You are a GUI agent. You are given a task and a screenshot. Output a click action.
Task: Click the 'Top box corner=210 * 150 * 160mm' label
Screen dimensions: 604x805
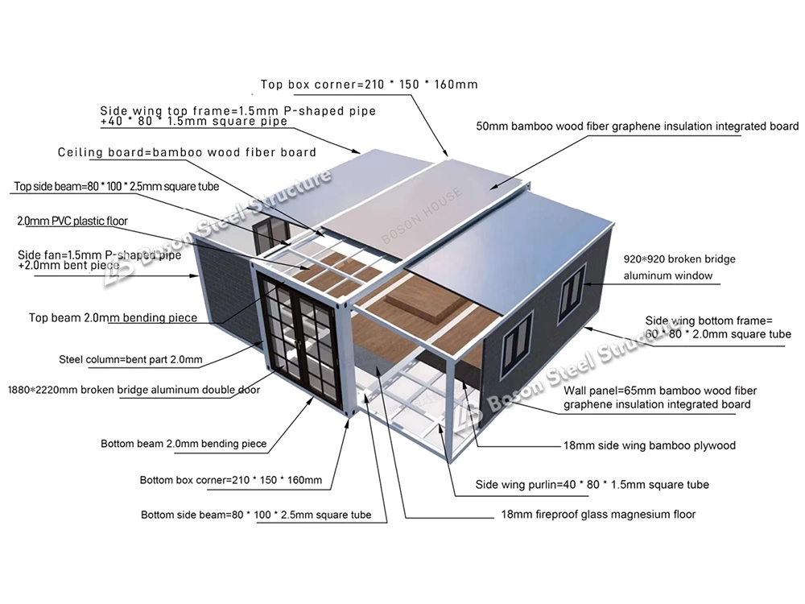369,84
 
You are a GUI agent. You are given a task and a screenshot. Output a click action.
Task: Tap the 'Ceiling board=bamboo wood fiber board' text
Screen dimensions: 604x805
187,152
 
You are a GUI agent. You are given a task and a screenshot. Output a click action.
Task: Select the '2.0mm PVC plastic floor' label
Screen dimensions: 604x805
72,221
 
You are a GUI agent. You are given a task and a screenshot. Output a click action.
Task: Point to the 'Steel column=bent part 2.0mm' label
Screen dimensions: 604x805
130,359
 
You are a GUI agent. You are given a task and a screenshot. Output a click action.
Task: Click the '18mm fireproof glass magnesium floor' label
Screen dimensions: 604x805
597,514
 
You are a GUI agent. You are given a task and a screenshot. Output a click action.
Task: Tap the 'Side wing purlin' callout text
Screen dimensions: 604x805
592,485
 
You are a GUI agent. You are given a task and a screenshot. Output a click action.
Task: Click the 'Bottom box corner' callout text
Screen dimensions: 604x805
230,481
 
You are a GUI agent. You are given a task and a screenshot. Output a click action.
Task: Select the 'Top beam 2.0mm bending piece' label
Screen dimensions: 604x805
113,317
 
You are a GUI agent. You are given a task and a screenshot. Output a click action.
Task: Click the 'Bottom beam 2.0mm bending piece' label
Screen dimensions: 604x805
184,444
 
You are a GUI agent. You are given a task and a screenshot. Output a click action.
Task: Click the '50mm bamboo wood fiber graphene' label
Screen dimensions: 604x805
637,126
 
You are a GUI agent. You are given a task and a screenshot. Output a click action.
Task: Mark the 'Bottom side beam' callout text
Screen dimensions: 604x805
256,515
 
